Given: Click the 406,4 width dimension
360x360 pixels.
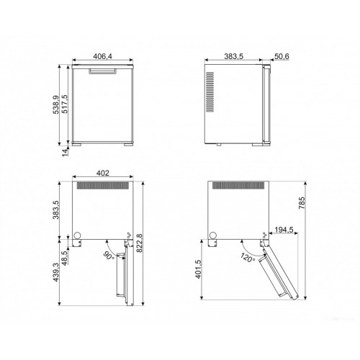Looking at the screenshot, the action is pos(102,56).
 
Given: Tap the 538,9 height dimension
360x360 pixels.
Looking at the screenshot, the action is pos(55,105).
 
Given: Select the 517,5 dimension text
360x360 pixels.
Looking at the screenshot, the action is pos(65,104).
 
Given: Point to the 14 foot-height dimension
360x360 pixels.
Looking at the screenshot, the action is pos(65,153).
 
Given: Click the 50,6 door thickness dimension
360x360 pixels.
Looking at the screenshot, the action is pos(282,56).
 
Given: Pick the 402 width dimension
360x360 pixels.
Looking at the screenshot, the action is pos(103,173).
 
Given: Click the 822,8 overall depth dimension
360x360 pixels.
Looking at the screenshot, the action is pos(139,243).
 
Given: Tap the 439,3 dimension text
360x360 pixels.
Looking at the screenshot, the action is pos(55,272).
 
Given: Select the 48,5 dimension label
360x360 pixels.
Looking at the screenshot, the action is pos(65,258).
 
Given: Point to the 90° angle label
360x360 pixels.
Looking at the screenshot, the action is pos(109,256).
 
